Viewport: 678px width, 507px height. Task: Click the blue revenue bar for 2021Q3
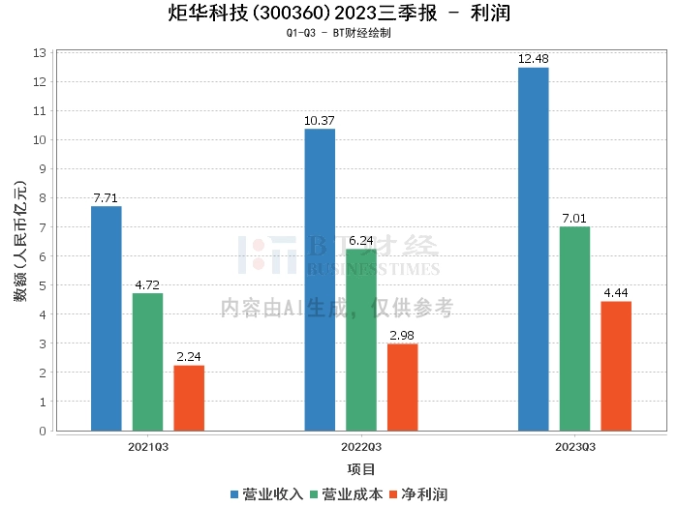107,318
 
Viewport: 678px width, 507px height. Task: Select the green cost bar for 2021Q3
148,362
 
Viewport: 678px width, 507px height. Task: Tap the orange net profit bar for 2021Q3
189,398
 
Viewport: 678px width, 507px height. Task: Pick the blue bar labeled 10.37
320,280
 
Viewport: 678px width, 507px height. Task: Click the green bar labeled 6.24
361,340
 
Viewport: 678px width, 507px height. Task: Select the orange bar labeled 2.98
403,387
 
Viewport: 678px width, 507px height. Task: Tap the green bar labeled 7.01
574,329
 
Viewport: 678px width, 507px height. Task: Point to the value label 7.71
107,198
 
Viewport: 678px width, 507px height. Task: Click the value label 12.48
533,59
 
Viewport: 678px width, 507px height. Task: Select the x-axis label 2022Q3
361,447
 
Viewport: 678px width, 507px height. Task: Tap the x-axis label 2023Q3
574,447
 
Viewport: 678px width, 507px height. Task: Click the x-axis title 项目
361,470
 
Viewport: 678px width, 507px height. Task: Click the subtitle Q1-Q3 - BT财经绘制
338,34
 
